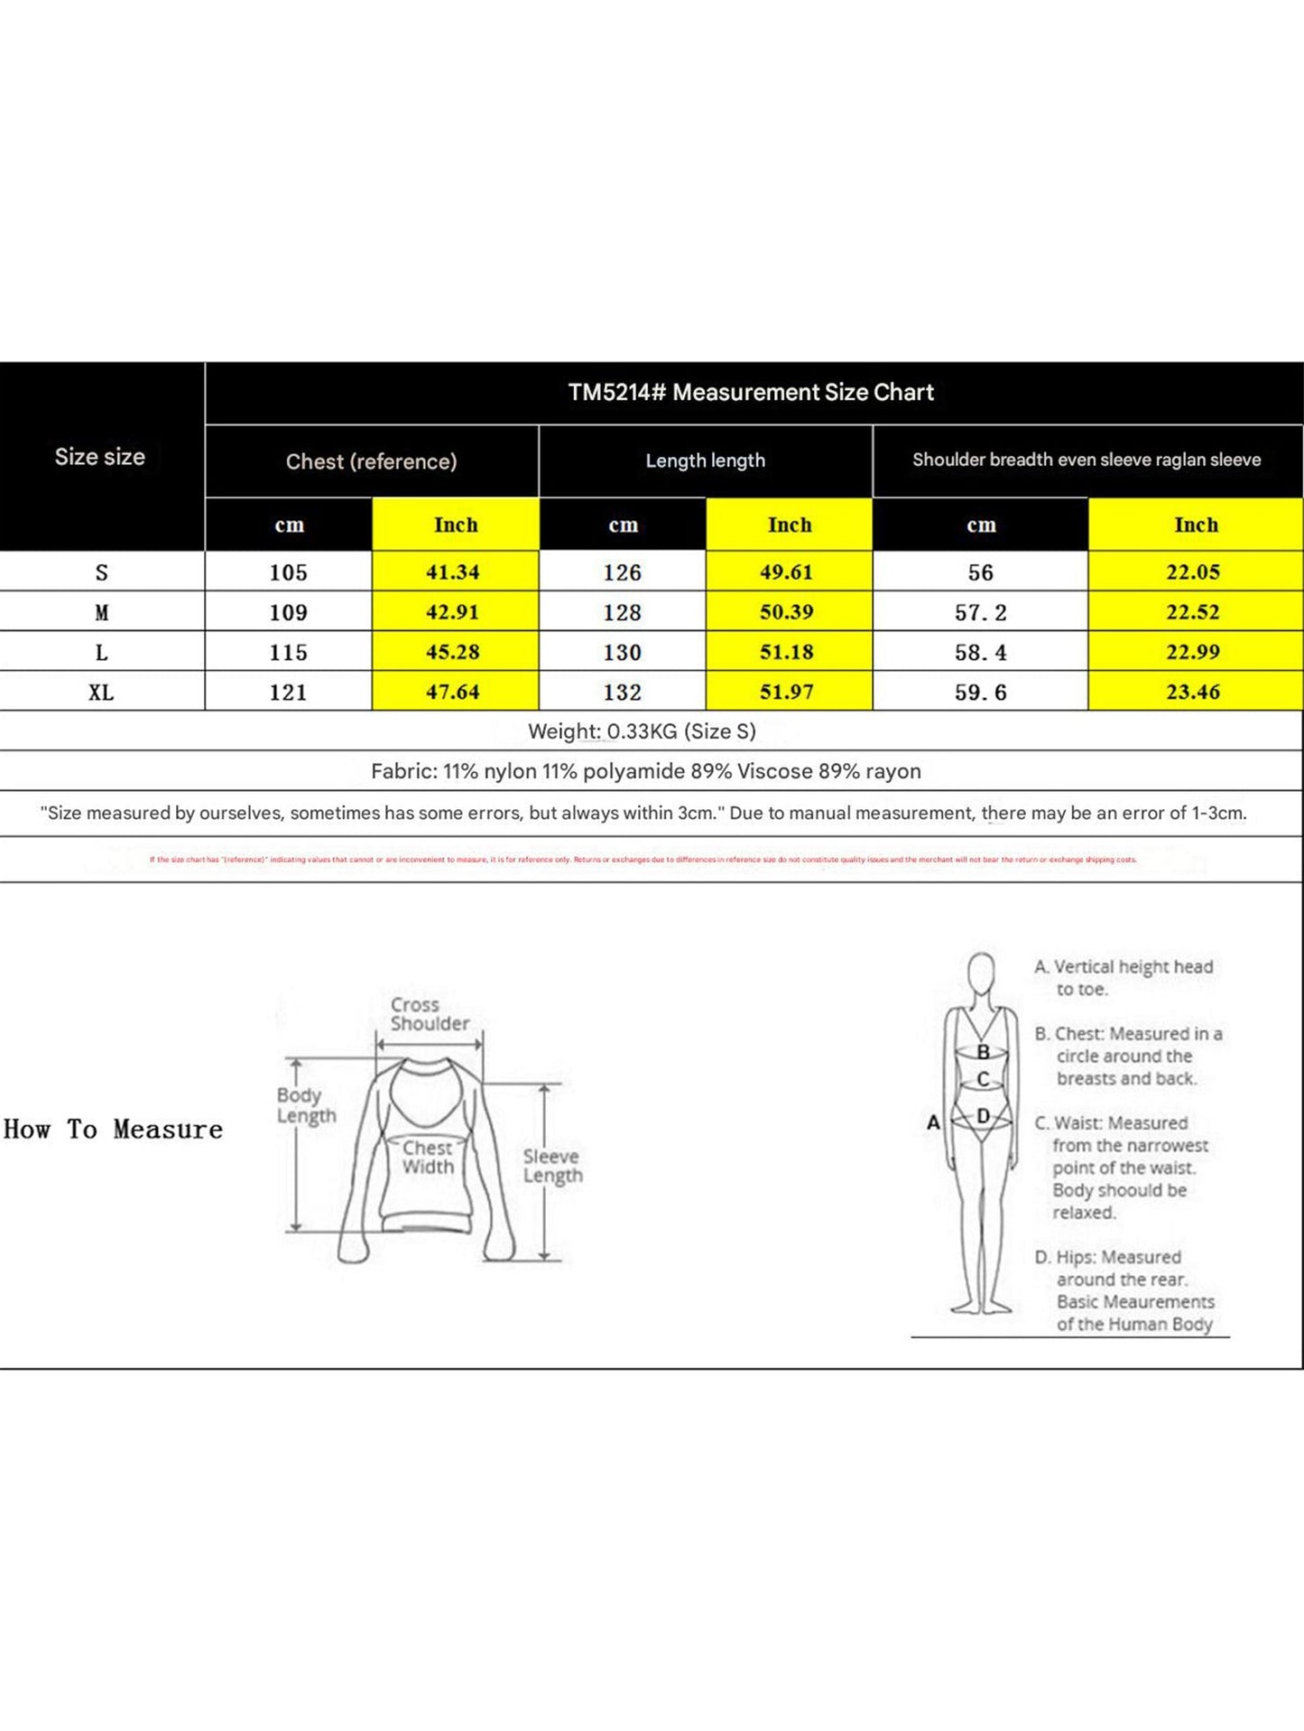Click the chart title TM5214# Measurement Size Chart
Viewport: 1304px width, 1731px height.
point(751,393)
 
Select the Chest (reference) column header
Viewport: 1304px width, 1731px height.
point(371,461)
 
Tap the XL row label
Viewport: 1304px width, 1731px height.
point(101,693)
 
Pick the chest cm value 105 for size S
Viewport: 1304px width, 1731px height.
point(288,572)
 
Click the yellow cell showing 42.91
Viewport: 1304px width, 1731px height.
point(453,612)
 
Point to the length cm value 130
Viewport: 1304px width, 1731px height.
point(622,653)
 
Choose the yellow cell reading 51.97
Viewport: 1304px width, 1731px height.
point(787,693)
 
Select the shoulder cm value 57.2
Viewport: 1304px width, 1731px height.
point(980,613)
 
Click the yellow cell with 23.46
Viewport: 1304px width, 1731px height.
point(1193,693)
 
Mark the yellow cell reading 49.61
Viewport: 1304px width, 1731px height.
point(787,572)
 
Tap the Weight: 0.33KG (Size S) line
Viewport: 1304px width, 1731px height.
point(642,731)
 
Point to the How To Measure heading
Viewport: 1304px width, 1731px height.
point(113,1130)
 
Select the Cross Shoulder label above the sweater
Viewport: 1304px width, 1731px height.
point(430,1014)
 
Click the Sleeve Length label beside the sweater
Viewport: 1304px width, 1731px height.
point(552,1166)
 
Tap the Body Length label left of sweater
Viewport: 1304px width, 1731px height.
point(306,1105)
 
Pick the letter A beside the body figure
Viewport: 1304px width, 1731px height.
point(933,1122)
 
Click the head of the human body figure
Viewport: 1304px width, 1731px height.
point(981,973)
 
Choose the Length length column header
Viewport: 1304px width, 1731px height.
point(705,461)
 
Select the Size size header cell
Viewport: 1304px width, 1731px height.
point(100,457)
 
